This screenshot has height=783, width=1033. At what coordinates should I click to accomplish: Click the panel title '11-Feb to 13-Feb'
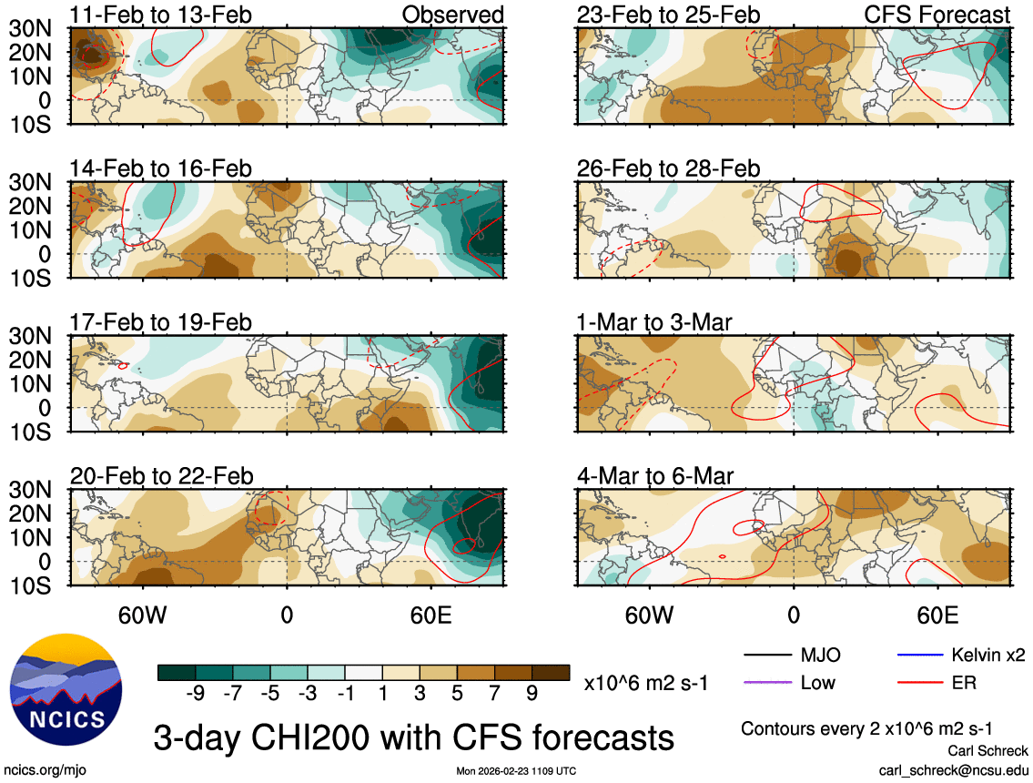(x=162, y=15)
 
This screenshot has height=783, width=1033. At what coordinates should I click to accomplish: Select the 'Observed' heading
(x=452, y=15)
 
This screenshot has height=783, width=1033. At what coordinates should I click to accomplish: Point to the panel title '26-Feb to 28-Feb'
(x=668, y=168)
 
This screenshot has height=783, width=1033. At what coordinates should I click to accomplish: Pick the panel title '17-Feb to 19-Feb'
(x=162, y=322)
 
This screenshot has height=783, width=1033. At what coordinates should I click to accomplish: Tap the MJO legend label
(x=820, y=655)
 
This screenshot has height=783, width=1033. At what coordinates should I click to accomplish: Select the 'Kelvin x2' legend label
(x=988, y=655)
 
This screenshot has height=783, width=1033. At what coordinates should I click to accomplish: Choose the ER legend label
(x=964, y=682)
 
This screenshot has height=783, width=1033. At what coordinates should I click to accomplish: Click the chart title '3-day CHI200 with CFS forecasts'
(x=414, y=736)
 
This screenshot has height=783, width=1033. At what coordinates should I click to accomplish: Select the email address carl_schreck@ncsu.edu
(x=954, y=770)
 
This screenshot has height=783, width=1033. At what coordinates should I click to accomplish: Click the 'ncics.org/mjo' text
(x=39, y=770)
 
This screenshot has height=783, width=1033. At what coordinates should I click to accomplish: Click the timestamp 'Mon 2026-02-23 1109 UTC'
(x=516, y=771)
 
